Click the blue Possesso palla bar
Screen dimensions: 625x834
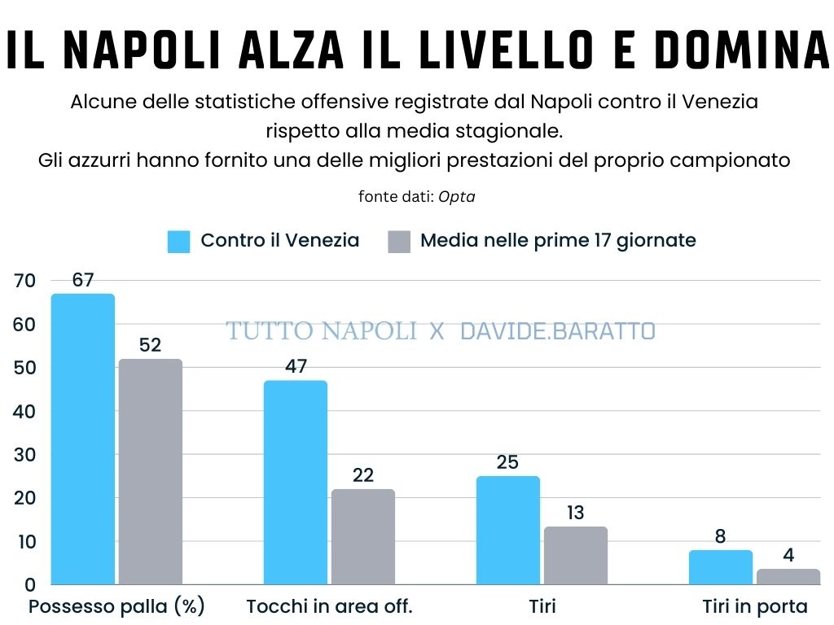click(x=83, y=439)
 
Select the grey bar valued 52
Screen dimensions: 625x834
click(x=151, y=472)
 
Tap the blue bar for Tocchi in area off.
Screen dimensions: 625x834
click(x=296, y=483)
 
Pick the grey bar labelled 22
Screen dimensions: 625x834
click(x=363, y=537)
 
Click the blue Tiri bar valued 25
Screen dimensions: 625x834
click(x=508, y=531)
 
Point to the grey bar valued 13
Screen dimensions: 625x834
click(x=576, y=556)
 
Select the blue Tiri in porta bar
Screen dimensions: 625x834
click(x=721, y=567)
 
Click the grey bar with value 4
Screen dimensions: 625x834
click(x=788, y=576)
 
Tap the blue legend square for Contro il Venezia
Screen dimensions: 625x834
click(x=178, y=242)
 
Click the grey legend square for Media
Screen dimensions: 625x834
click(x=398, y=242)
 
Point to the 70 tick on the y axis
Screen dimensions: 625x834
click(x=25, y=281)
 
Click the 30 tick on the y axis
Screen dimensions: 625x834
click(x=25, y=454)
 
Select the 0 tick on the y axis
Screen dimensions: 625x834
click(x=30, y=584)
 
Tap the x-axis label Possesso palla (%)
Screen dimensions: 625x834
click(x=116, y=607)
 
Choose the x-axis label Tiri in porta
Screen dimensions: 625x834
click(x=755, y=607)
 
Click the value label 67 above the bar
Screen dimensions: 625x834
click(x=83, y=280)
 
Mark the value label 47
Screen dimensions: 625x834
click(x=296, y=366)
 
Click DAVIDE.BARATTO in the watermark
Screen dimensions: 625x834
click(x=558, y=331)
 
